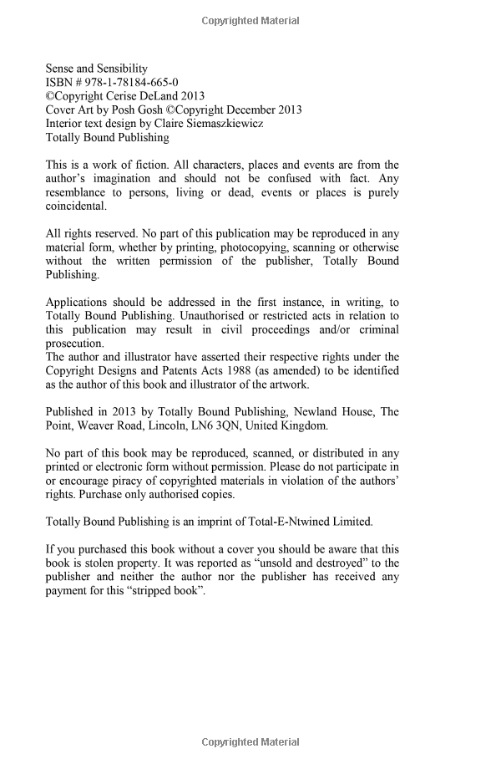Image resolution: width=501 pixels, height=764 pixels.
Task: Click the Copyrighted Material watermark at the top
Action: pos(250,21)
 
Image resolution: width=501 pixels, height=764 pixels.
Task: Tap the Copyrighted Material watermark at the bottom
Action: pos(250,741)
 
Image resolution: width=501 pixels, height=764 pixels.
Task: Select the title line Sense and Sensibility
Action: pos(96,69)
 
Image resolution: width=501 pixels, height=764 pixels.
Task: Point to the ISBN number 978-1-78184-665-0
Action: pos(134,82)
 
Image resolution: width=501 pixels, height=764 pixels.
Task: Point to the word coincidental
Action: pos(75,206)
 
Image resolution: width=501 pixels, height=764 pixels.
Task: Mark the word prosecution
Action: pos(75,343)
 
